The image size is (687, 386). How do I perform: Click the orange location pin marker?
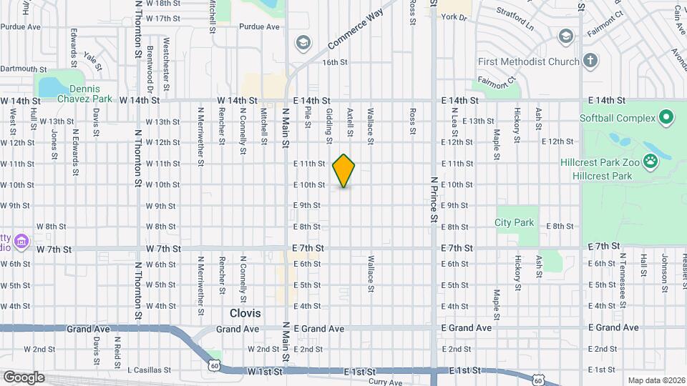click(x=343, y=170)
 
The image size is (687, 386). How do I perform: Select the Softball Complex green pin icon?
click(x=666, y=117)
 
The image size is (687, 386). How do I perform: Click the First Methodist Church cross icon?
click(x=590, y=61)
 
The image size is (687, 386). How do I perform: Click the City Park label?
click(x=514, y=222)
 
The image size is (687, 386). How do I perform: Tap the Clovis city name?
click(x=245, y=313)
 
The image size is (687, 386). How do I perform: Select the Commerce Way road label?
click(x=356, y=30)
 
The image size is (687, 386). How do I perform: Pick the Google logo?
click(x=24, y=377)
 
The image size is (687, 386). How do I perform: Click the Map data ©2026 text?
click(x=656, y=380)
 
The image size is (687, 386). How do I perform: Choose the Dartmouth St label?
click(x=24, y=69)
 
